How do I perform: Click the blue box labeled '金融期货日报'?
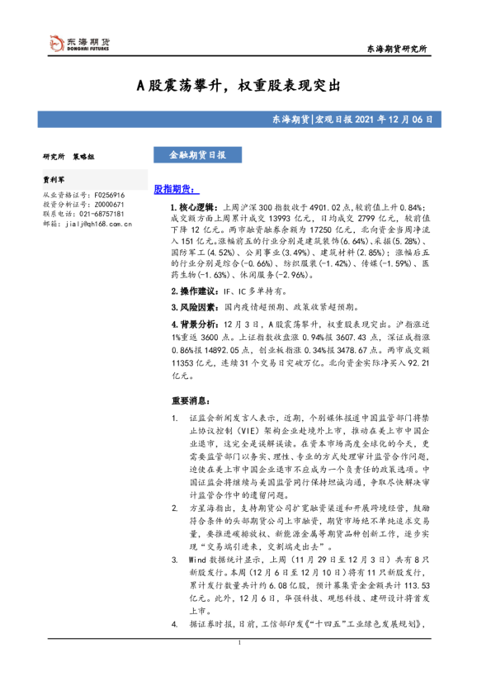click(x=191, y=154)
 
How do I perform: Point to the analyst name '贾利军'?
click(x=54, y=177)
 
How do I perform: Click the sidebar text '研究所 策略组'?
click(x=69, y=156)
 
